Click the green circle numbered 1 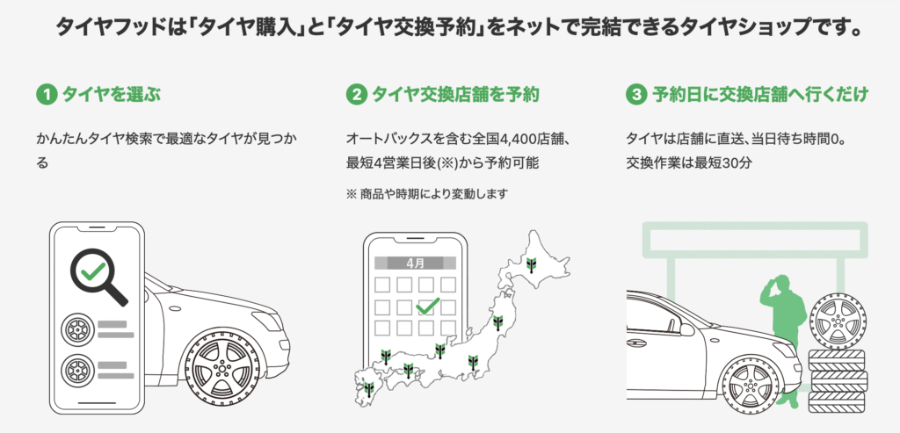[47, 95]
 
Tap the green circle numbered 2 [357, 95]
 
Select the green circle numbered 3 [636, 95]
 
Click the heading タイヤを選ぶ [112, 95]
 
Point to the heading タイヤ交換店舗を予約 [456, 95]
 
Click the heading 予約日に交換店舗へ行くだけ [760, 95]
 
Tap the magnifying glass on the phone [98, 277]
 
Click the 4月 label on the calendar [415, 263]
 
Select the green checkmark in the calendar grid [428, 306]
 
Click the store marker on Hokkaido [532, 264]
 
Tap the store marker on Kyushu [368, 388]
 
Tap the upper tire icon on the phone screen [77, 328]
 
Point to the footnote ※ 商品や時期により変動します [427, 194]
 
